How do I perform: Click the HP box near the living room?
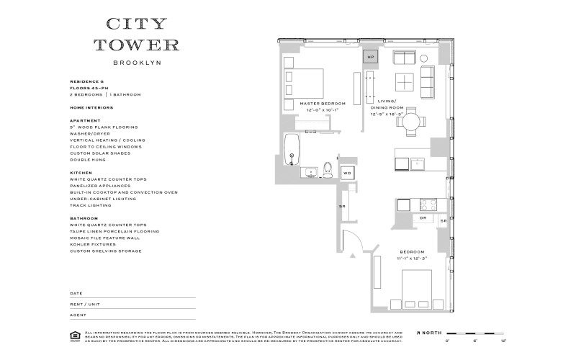[x=372, y=57]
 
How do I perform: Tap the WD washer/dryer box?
[x=347, y=173]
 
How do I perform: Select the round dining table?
[x=411, y=120]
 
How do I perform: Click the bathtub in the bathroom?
[x=292, y=149]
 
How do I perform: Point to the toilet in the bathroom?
[x=328, y=170]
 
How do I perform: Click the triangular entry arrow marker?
[x=353, y=255]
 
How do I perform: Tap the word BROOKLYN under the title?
[x=137, y=63]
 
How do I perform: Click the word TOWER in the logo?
[x=137, y=45]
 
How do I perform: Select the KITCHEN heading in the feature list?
[x=80, y=173]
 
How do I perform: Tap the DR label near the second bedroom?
[x=423, y=217]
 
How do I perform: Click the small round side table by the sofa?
[x=423, y=58]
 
